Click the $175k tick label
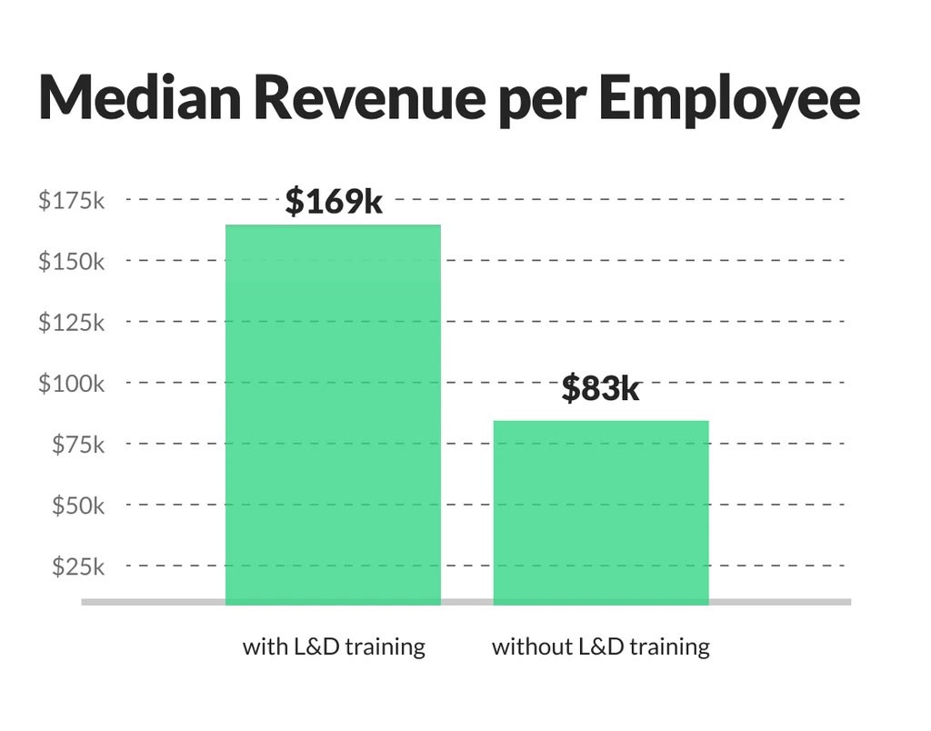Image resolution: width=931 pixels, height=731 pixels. click(x=71, y=200)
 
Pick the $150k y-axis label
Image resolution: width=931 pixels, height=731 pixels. click(x=71, y=261)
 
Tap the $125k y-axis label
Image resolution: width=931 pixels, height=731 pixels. click(x=71, y=322)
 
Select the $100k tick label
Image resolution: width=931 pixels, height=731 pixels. click(x=71, y=383)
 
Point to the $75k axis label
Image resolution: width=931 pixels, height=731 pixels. click(x=77, y=444)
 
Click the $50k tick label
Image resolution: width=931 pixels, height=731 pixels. click(x=77, y=505)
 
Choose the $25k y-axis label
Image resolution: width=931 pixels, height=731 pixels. click(x=77, y=566)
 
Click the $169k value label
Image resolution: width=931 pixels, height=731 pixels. click(x=334, y=201)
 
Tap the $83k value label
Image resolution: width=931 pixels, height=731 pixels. click(x=600, y=389)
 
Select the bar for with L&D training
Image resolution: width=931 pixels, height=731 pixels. click(x=333, y=414)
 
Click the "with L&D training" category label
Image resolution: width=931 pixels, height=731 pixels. click(x=334, y=647)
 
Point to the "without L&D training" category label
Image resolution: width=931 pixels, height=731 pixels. click(x=600, y=647)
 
